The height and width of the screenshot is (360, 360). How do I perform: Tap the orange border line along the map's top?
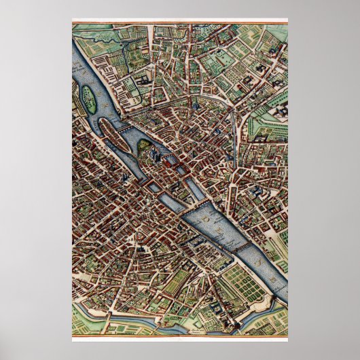(x=179, y=20)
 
